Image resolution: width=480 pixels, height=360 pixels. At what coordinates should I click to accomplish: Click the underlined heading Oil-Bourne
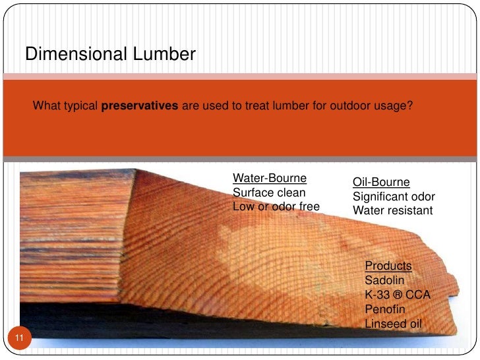pos(381,182)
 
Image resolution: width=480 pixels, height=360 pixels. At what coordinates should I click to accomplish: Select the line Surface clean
pos(269,193)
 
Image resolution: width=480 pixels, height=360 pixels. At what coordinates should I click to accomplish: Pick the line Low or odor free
pos(276,207)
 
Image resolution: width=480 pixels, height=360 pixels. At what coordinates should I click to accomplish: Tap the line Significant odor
pos(394,196)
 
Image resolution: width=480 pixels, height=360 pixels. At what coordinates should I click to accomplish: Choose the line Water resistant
pos(392,211)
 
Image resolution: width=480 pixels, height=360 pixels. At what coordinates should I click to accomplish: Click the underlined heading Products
pos(388,266)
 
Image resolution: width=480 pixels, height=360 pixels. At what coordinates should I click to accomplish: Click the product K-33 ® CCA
pos(397,295)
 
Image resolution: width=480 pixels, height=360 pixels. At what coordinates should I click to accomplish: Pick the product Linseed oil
pos(392,324)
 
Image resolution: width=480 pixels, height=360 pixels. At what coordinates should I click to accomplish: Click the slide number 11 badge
pos(19,339)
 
